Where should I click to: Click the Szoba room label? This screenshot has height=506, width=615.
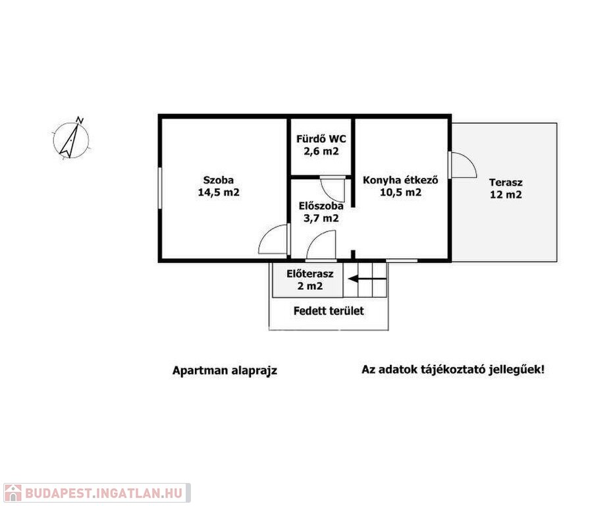(219, 180)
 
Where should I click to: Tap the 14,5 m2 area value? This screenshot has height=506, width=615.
(219, 192)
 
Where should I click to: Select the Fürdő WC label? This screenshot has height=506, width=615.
(321, 139)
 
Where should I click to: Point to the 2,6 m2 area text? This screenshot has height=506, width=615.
(321, 151)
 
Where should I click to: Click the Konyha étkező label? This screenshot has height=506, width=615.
(400, 180)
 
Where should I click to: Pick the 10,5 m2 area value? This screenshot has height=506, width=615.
(400, 192)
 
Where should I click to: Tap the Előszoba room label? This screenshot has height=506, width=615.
(321, 206)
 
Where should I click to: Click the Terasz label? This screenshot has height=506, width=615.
(506, 183)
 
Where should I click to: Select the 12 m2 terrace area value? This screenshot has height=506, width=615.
(506, 195)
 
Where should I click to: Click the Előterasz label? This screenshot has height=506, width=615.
(310, 273)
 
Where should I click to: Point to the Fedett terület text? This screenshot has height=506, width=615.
(329, 311)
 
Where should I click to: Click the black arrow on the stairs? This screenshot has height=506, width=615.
(367, 279)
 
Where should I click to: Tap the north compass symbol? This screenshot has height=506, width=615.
(71, 138)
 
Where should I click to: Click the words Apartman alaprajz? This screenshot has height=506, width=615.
(225, 370)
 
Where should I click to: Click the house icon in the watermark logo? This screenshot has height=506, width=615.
(13, 493)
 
